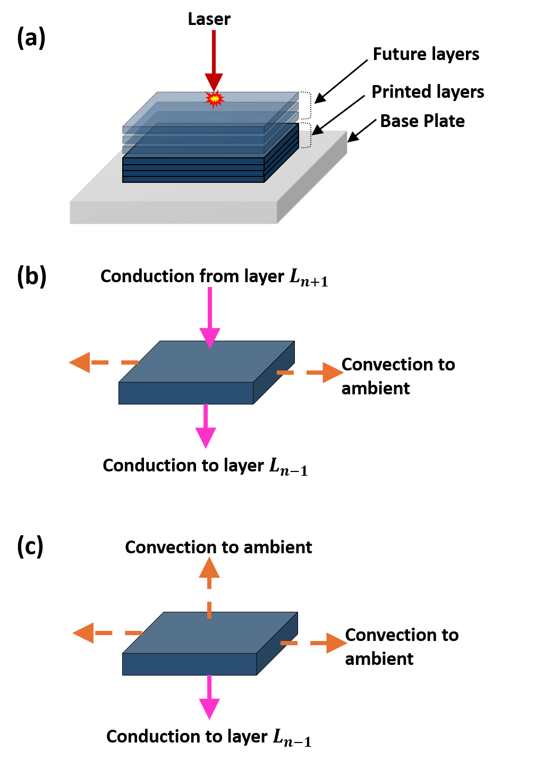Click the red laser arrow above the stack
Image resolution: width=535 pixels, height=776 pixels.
pyautogui.click(x=214, y=58)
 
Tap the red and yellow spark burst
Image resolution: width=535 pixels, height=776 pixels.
pyautogui.click(x=214, y=99)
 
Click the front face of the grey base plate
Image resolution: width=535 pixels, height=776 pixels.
pyautogui.click(x=173, y=213)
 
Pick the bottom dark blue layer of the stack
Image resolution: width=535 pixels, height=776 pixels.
pyautogui.click(x=193, y=180)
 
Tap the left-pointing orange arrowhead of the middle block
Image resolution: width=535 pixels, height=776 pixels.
pyautogui.click(x=80, y=362)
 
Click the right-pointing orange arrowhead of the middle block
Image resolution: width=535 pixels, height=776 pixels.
pyautogui.click(x=333, y=373)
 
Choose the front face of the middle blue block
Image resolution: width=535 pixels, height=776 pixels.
pyautogui.click(x=186, y=393)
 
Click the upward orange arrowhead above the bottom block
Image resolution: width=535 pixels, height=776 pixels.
pyautogui.click(x=209, y=568)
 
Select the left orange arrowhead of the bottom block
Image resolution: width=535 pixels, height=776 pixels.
pyautogui.click(x=83, y=633)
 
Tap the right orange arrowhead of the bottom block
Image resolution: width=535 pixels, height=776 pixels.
pyautogui.click(x=336, y=643)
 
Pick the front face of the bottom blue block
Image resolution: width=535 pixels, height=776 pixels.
pyautogui.click(x=189, y=664)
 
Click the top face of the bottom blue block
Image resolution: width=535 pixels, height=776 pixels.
pyautogui.click(x=223, y=635)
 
